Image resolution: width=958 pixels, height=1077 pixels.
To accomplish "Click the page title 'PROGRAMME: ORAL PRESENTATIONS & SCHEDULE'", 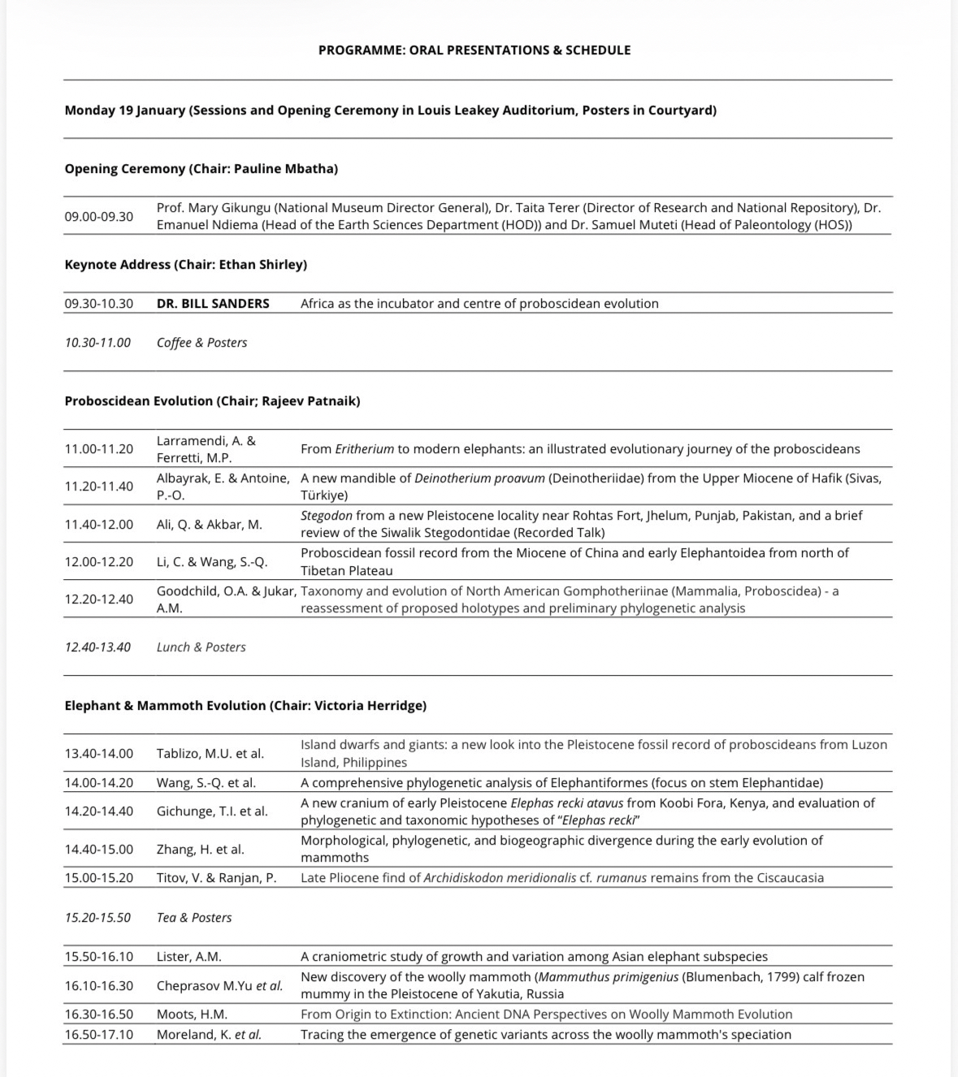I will pyautogui.click(x=474, y=50).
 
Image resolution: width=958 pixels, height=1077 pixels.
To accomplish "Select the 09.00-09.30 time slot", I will pyautogui.click(x=99, y=216).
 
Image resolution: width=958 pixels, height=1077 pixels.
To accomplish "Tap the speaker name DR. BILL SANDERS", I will pyautogui.click(x=213, y=304).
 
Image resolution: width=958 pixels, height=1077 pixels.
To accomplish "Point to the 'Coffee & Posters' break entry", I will pyautogui.click(x=202, y=343).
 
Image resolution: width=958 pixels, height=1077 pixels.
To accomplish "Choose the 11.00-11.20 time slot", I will pyautogui.click(x=99, y=449).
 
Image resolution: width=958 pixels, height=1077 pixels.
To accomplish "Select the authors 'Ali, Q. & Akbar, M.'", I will pyautogui.click(x=210, y=525).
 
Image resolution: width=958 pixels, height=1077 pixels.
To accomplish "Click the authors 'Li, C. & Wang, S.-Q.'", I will pyautogui.click(x=212, y=562).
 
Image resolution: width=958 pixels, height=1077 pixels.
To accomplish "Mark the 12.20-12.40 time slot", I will pyautogui.click(x=99, y=599).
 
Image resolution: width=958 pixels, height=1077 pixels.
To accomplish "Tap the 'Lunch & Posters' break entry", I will pyautogui.click(x=201, y=647).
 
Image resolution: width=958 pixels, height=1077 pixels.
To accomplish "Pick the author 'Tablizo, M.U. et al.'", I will pyautogui.click(x=210, y=754).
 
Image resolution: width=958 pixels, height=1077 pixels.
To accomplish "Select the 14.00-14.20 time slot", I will pyautogui.click(x=99, y=783).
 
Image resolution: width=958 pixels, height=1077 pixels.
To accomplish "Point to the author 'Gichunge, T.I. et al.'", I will pyautogui.click(x=212, y=811).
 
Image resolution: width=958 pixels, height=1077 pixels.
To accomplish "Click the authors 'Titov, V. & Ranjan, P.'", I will pyautogui.click(x=216, y=878).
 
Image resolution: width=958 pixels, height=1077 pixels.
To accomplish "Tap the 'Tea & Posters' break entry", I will pyautogui.click(x=194, y=918).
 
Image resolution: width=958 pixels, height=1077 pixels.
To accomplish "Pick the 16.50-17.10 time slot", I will pyautogui.click(x=99, y=1035).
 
